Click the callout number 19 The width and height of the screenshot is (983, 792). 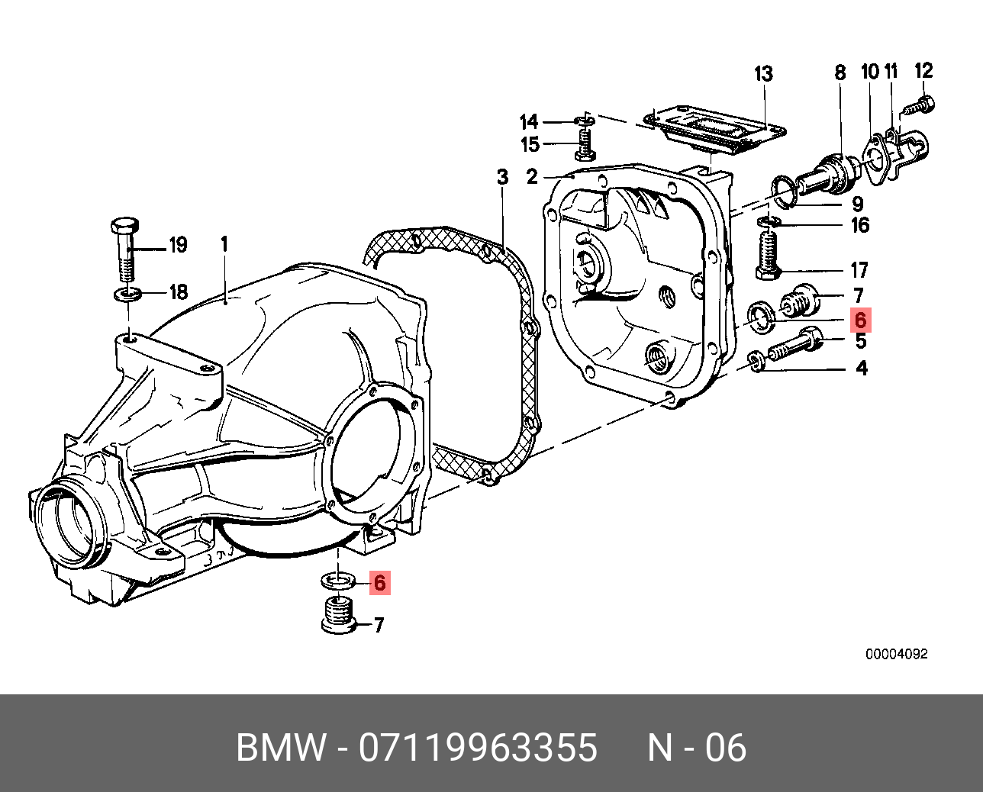coord(177,246)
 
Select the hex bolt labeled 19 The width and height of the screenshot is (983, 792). coord(125,248)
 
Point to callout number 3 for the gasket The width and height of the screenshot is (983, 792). coord(502,178)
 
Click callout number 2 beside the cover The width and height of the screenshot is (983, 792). coord(532,178)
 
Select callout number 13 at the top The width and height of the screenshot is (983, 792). coord(763,74)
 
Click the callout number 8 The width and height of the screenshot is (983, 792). coord(840,72)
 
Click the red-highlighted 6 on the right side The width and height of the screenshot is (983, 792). coord(859,319)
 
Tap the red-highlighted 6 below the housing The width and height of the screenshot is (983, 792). coord(379,584)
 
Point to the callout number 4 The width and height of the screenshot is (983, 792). coord(862,369)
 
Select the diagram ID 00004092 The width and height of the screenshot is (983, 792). coord(896,655)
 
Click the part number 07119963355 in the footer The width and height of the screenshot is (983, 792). coord(478,748)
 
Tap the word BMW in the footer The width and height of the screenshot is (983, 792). coord(282,748)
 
